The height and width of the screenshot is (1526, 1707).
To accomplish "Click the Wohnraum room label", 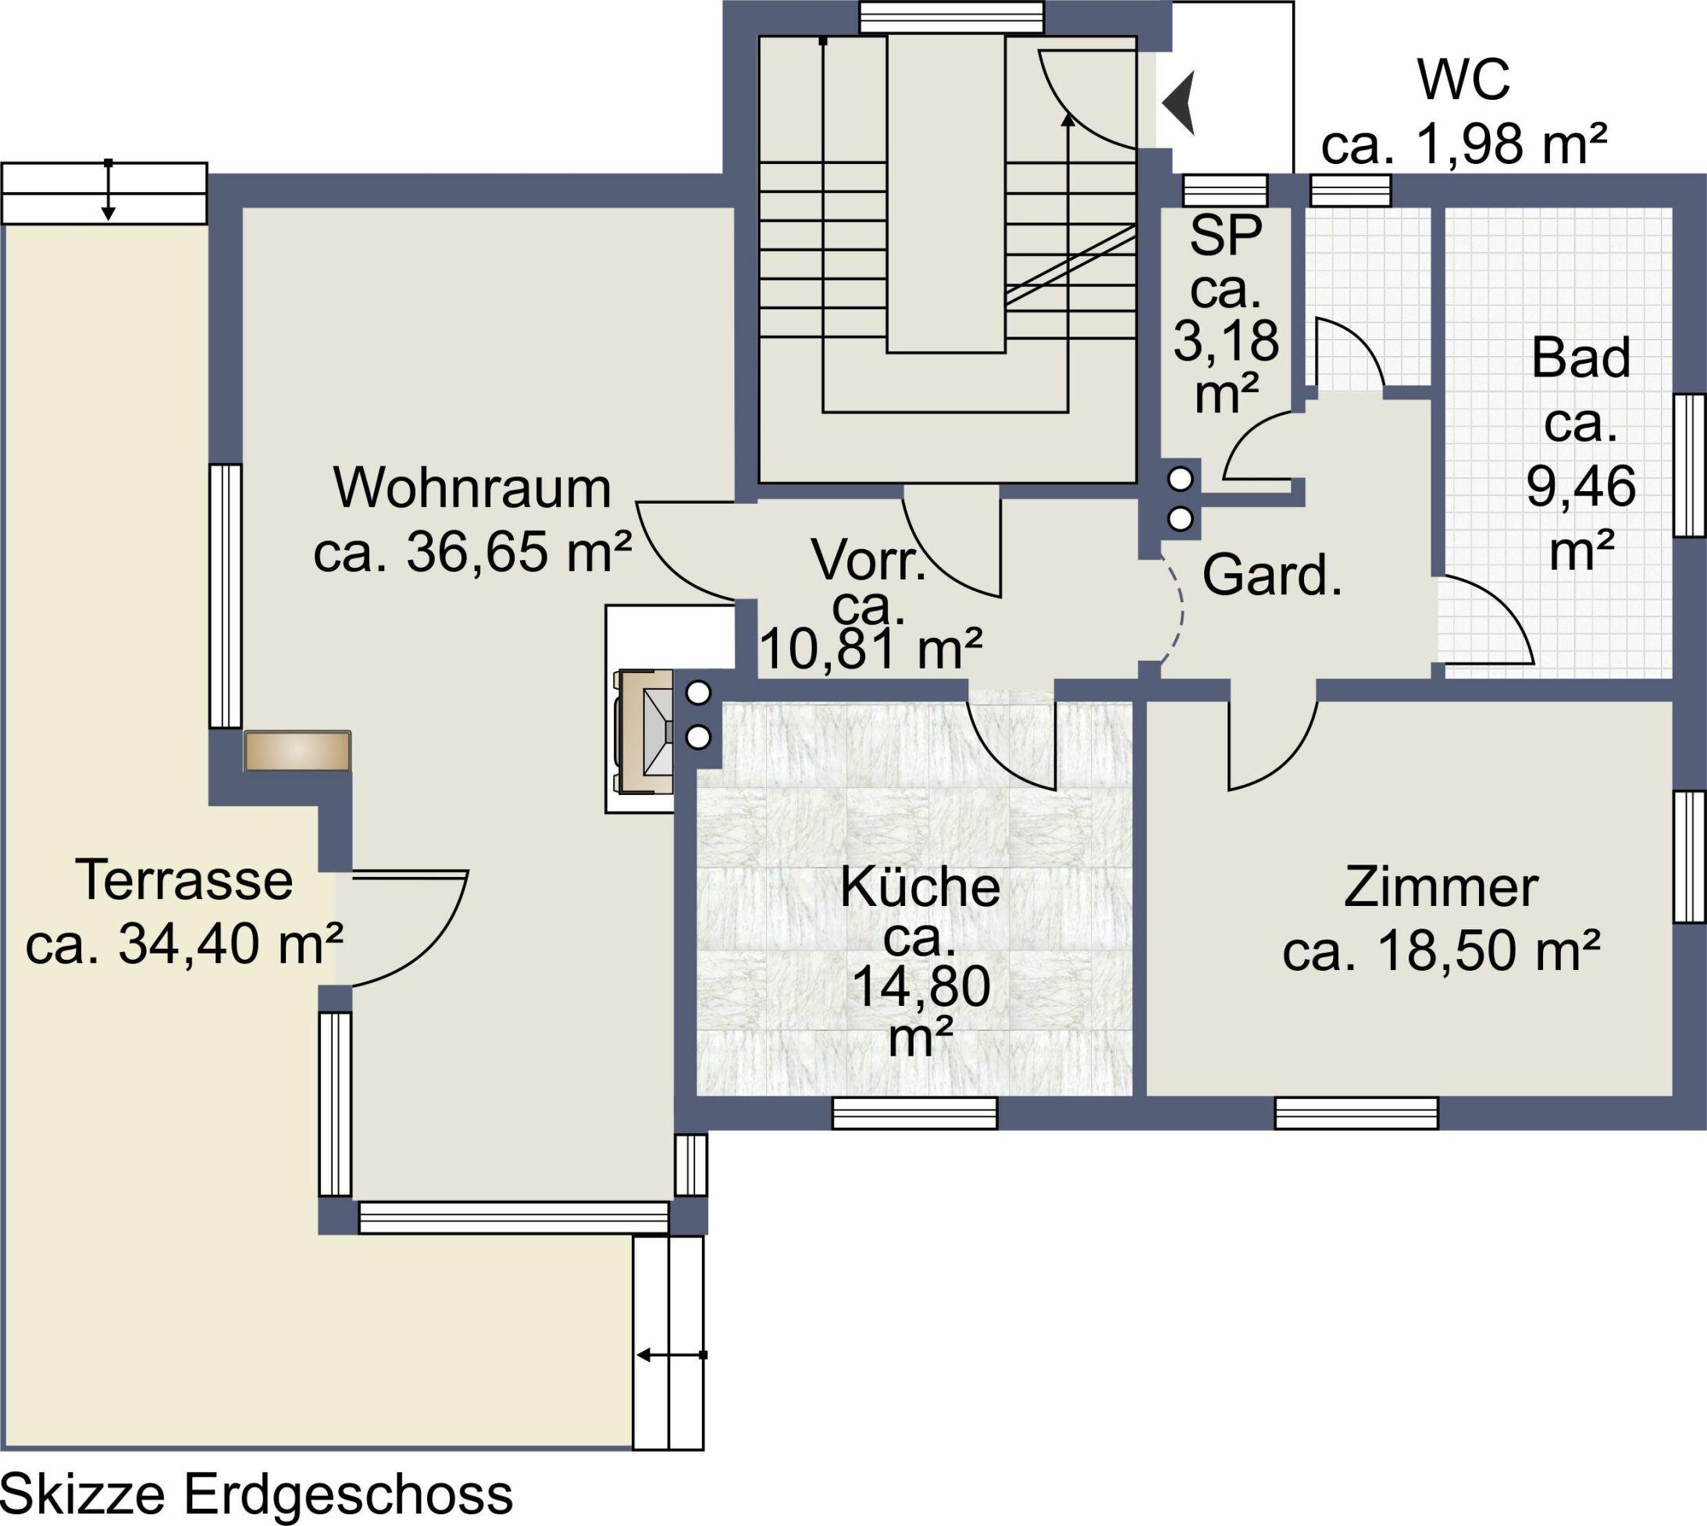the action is point(472,489).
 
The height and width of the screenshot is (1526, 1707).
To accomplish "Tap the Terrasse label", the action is point(184,880).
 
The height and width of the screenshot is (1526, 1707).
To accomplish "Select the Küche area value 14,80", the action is point(921,986).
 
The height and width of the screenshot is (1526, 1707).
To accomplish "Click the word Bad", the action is point(1580,358).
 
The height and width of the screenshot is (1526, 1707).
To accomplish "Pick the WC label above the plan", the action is point(1463,80).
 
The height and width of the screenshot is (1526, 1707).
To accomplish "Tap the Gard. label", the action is point(1272,576).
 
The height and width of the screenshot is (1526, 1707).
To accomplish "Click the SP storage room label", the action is point(1226,236).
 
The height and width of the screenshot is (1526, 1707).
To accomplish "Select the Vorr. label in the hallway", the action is point(869,560).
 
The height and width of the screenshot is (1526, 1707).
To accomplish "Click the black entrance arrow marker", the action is point(1178,103).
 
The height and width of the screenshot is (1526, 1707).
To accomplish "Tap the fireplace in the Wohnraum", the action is point(645,730).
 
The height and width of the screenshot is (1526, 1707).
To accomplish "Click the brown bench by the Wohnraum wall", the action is point(298,751).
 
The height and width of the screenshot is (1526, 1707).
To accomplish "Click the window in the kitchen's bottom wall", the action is point(915,1114).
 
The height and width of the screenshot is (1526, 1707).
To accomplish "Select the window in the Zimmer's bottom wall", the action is point(1356,1114).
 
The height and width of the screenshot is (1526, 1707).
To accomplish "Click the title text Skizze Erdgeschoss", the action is point(258,1495).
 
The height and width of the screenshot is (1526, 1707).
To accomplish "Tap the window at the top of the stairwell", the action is point(952,16).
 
